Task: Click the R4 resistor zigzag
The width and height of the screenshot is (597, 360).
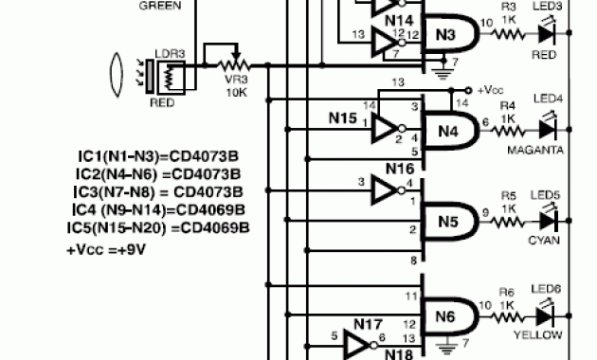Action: (510, 127)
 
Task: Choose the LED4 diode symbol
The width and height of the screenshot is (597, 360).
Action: (547, 127)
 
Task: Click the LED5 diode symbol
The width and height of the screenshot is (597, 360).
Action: (547, 221)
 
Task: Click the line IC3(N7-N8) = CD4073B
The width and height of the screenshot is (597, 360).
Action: (157, 192)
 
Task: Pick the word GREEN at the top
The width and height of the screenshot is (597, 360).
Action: (160, 6)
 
